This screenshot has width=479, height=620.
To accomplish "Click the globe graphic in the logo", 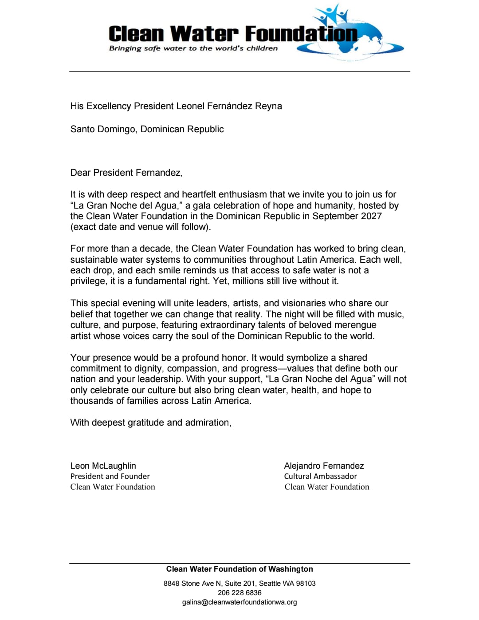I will click(355, 38).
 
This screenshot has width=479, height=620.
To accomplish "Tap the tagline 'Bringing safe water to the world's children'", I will click(193, 48).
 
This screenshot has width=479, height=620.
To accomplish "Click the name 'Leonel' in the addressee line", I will click(190, 106).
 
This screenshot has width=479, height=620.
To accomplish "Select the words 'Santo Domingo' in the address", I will click(103, 129).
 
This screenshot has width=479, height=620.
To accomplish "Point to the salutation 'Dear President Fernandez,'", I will click(126, 173).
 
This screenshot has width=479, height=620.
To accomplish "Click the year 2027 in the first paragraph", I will click(370, 216).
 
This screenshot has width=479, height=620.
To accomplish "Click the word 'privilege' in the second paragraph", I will click(88, 281).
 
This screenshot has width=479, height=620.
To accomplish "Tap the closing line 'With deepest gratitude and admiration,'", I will click(151, 423).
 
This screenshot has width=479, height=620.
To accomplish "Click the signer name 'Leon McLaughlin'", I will click(103, 466).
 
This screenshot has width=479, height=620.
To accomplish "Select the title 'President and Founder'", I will click(110, 476).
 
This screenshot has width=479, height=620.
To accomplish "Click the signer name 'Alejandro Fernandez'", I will click(324, 466).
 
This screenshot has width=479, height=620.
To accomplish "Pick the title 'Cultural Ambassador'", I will click(320, 476).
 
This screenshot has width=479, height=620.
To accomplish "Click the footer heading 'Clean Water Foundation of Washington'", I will click(239, 569).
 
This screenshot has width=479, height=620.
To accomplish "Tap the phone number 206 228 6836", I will click(239, 593).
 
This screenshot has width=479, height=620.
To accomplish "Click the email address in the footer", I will click(239, 602).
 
